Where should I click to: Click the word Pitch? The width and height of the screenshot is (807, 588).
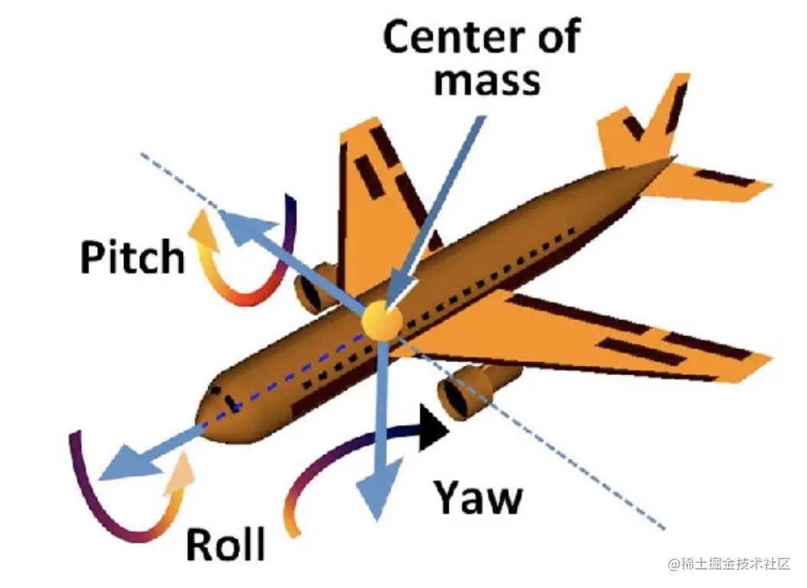(x=132, y=257)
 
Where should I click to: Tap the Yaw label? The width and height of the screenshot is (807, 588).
(x=479, y=498)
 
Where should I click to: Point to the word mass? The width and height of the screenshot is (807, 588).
(x=486, y=80)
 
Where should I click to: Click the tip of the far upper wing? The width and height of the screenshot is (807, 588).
(x=360, y=130)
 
